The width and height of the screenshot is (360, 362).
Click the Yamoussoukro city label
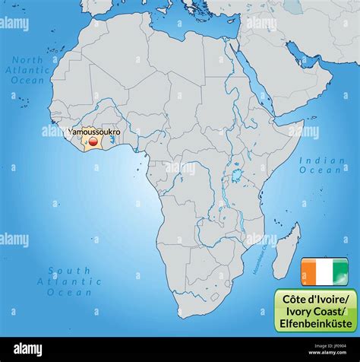[93, 132]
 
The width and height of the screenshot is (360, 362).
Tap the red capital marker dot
[93, 141]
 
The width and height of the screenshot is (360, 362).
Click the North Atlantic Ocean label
[28, 70]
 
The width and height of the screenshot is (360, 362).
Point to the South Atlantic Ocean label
[69, 281]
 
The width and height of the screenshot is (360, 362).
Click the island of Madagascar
[287, 252]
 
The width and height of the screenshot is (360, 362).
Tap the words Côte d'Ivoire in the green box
[315, 296]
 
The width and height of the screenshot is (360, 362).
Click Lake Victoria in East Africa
[236, 176]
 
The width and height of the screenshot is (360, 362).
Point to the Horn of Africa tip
[302, 127]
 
